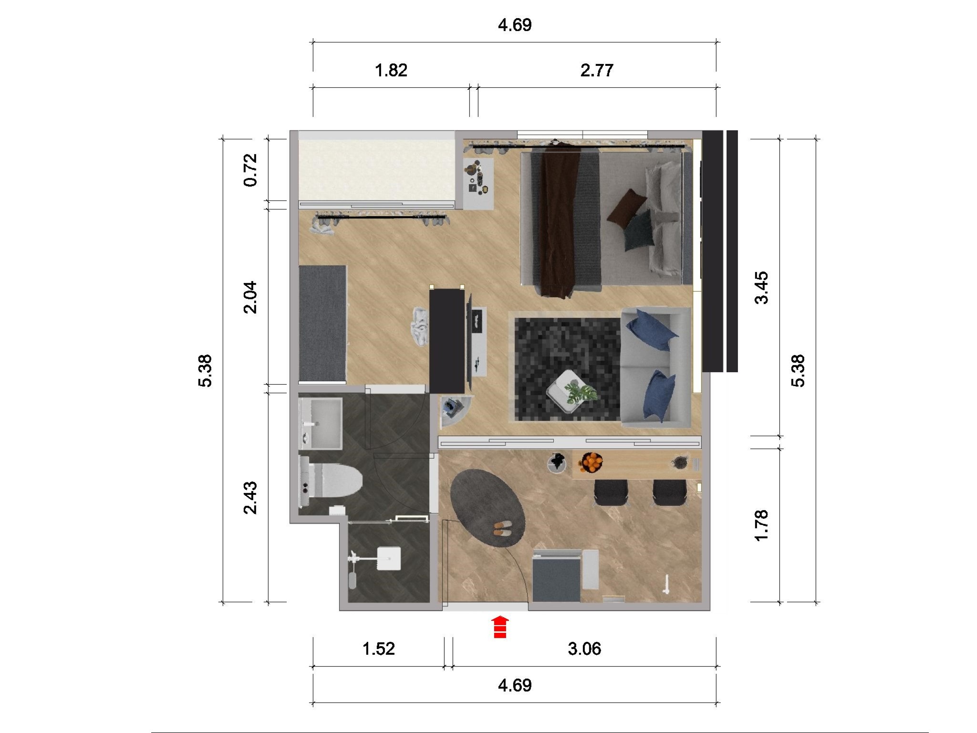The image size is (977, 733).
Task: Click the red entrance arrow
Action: pyautogui.click(x=500, y=627)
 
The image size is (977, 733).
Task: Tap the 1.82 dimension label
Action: pyautogui.click(x=391, y=71)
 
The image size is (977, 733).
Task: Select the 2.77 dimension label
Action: pyautogui.click(x=596, y=71)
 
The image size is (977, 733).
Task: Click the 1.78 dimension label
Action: pyautogui.click(x=761, y=525)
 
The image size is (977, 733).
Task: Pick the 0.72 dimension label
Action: pyautogui.click(x=250, y=170)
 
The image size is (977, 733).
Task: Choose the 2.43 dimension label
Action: pyautogui.click(x=250, y=498)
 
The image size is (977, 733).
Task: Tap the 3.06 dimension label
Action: pyautogui.click(x=584, y=649)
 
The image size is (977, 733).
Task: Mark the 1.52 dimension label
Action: pyautogui.click(x=378, y=649)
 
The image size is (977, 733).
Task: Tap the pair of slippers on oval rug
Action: pyautogui.click(x=502, y=527)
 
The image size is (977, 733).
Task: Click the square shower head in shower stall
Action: pyautogui.click(x=388, y=558)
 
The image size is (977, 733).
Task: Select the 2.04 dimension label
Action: pyautogui.click(x=250, y=297)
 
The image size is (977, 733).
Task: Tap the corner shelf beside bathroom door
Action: pyautogui.click(x=454, y=410)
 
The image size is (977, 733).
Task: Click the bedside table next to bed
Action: pyautogui.click(x=478, y=183)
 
